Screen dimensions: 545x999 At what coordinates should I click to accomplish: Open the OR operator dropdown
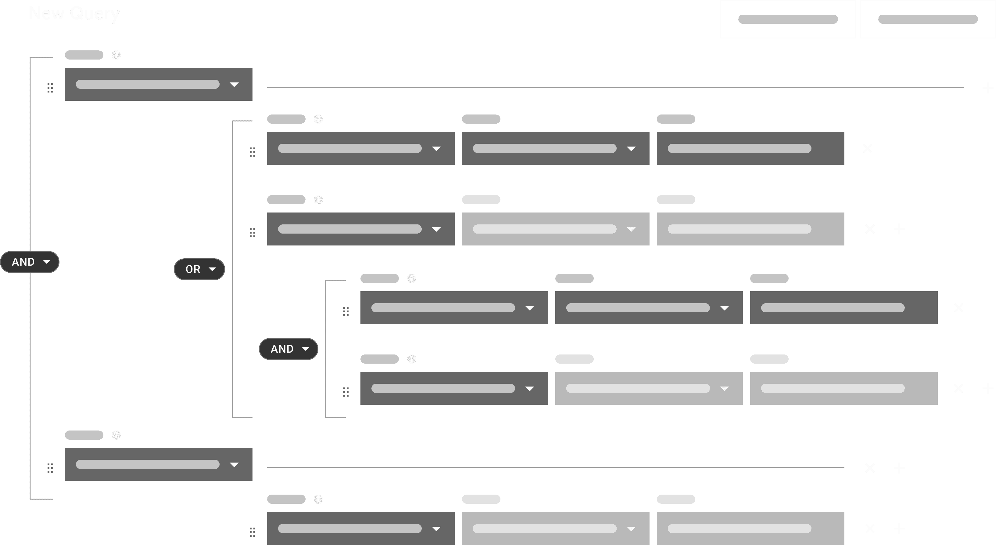click(199, 269)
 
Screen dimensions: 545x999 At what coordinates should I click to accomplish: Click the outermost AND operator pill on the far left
click(30, 262)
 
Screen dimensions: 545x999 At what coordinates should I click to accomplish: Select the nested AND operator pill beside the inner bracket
click(288, 349)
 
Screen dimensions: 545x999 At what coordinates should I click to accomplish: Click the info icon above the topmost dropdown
click(116, 55)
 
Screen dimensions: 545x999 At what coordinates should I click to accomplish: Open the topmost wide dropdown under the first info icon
click(159, 85)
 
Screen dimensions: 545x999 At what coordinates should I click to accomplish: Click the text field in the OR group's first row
click(750, 149)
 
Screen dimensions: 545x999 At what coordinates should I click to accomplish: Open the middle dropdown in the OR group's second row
click(555, 229)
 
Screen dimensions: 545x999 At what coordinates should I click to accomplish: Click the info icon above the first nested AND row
click(411, 279)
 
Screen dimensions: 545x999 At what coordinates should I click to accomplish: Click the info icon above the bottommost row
click(318, 499)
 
